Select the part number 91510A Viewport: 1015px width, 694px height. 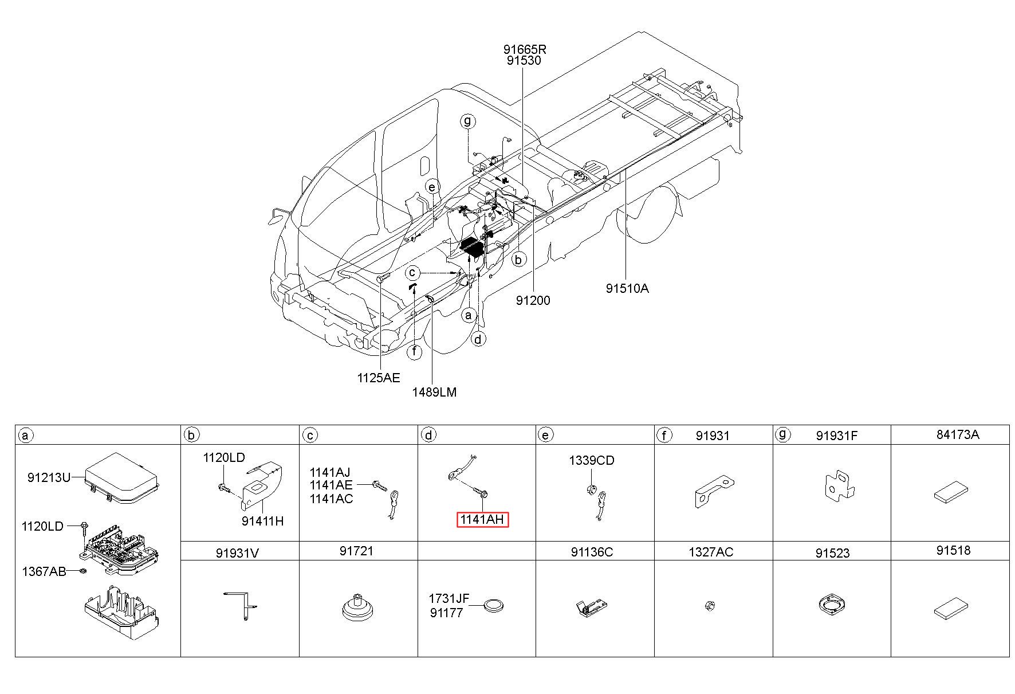(x=627, y=289)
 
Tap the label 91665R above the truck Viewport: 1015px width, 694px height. (x=525, y=49)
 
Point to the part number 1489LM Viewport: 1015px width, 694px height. (x=435, y=392)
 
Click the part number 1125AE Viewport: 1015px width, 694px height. (x=379, y=378)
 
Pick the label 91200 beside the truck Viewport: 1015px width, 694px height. (x=533, y=300)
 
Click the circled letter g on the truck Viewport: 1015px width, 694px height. (x=468, y=121)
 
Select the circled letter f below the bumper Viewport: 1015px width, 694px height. (x=414, y=352)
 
